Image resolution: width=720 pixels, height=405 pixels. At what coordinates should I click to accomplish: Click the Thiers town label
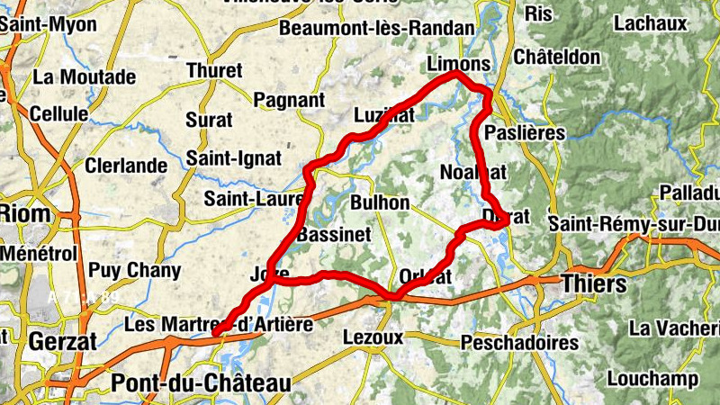pos(593,284)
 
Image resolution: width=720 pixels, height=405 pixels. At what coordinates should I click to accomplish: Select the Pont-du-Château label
pos(201,384)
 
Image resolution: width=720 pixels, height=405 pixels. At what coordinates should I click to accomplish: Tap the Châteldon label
pos(556,57)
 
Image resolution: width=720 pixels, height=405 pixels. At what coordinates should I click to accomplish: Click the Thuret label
pos(213,70)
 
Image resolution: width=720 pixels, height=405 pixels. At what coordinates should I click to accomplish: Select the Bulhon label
pos(381,202)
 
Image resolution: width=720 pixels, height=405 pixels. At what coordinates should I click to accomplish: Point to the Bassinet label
pos(334,234)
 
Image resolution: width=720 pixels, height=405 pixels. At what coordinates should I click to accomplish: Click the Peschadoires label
pos(519,343)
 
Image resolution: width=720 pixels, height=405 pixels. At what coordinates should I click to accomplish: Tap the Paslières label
pos(525,133)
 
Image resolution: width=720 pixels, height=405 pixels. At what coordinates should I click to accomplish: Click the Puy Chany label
pos(134,270)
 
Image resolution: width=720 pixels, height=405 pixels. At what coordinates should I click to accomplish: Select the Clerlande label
pos(126,166)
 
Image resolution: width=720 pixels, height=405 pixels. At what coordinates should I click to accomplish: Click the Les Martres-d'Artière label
pos(219,324)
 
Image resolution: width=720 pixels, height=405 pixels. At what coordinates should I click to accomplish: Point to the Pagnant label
pos(289,99)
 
